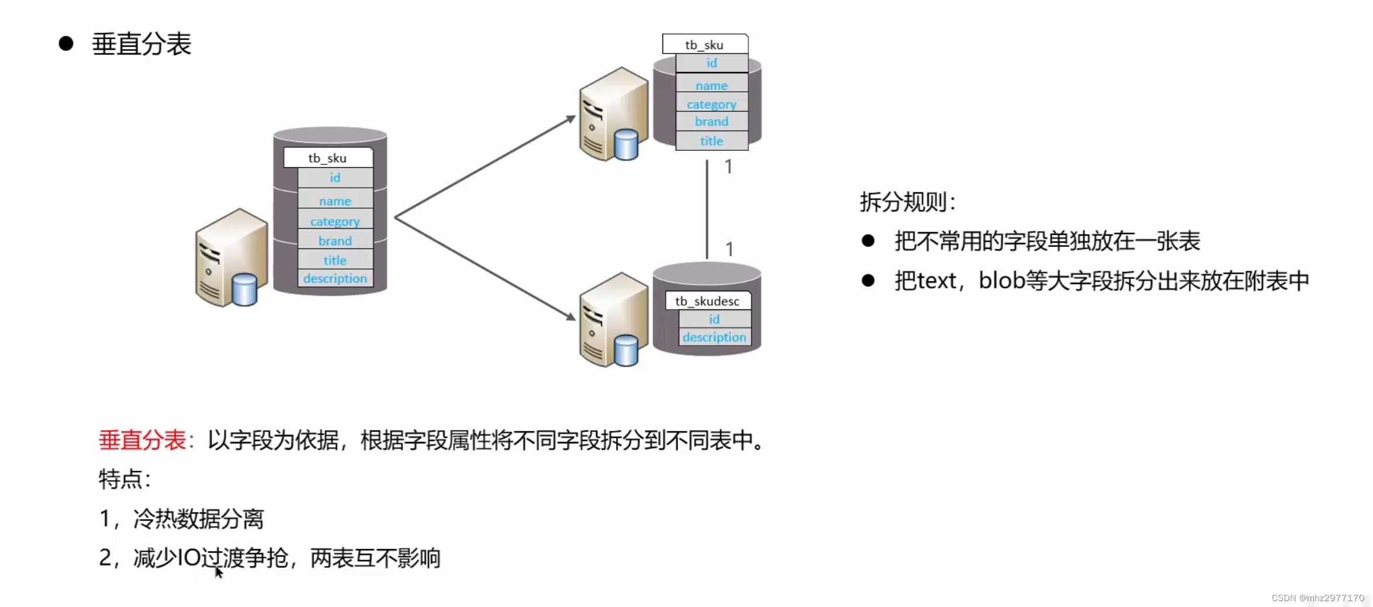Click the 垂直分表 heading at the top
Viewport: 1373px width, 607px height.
[141, 44]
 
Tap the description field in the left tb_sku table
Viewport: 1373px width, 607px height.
[335, 278]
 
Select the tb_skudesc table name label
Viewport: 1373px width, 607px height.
[707, 301]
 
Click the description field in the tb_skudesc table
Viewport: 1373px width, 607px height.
[714, 337]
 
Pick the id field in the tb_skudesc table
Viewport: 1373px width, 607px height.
[714, 319]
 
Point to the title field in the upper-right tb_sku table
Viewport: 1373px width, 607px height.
[711, 141]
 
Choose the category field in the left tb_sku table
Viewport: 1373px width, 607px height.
[335, 222]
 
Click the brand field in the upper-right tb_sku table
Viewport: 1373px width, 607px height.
[711, 122]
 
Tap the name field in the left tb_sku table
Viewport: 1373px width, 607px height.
[335, 201]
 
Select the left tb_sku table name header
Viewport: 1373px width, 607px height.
[327, 158]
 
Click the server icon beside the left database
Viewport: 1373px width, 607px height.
[231, 258]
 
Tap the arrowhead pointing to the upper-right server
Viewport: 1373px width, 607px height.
[570, 119]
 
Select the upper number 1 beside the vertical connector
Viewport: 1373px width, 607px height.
[728, 167]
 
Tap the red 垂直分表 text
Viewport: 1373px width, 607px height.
[142, 440]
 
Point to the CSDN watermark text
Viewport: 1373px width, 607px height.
[1317, 598]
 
